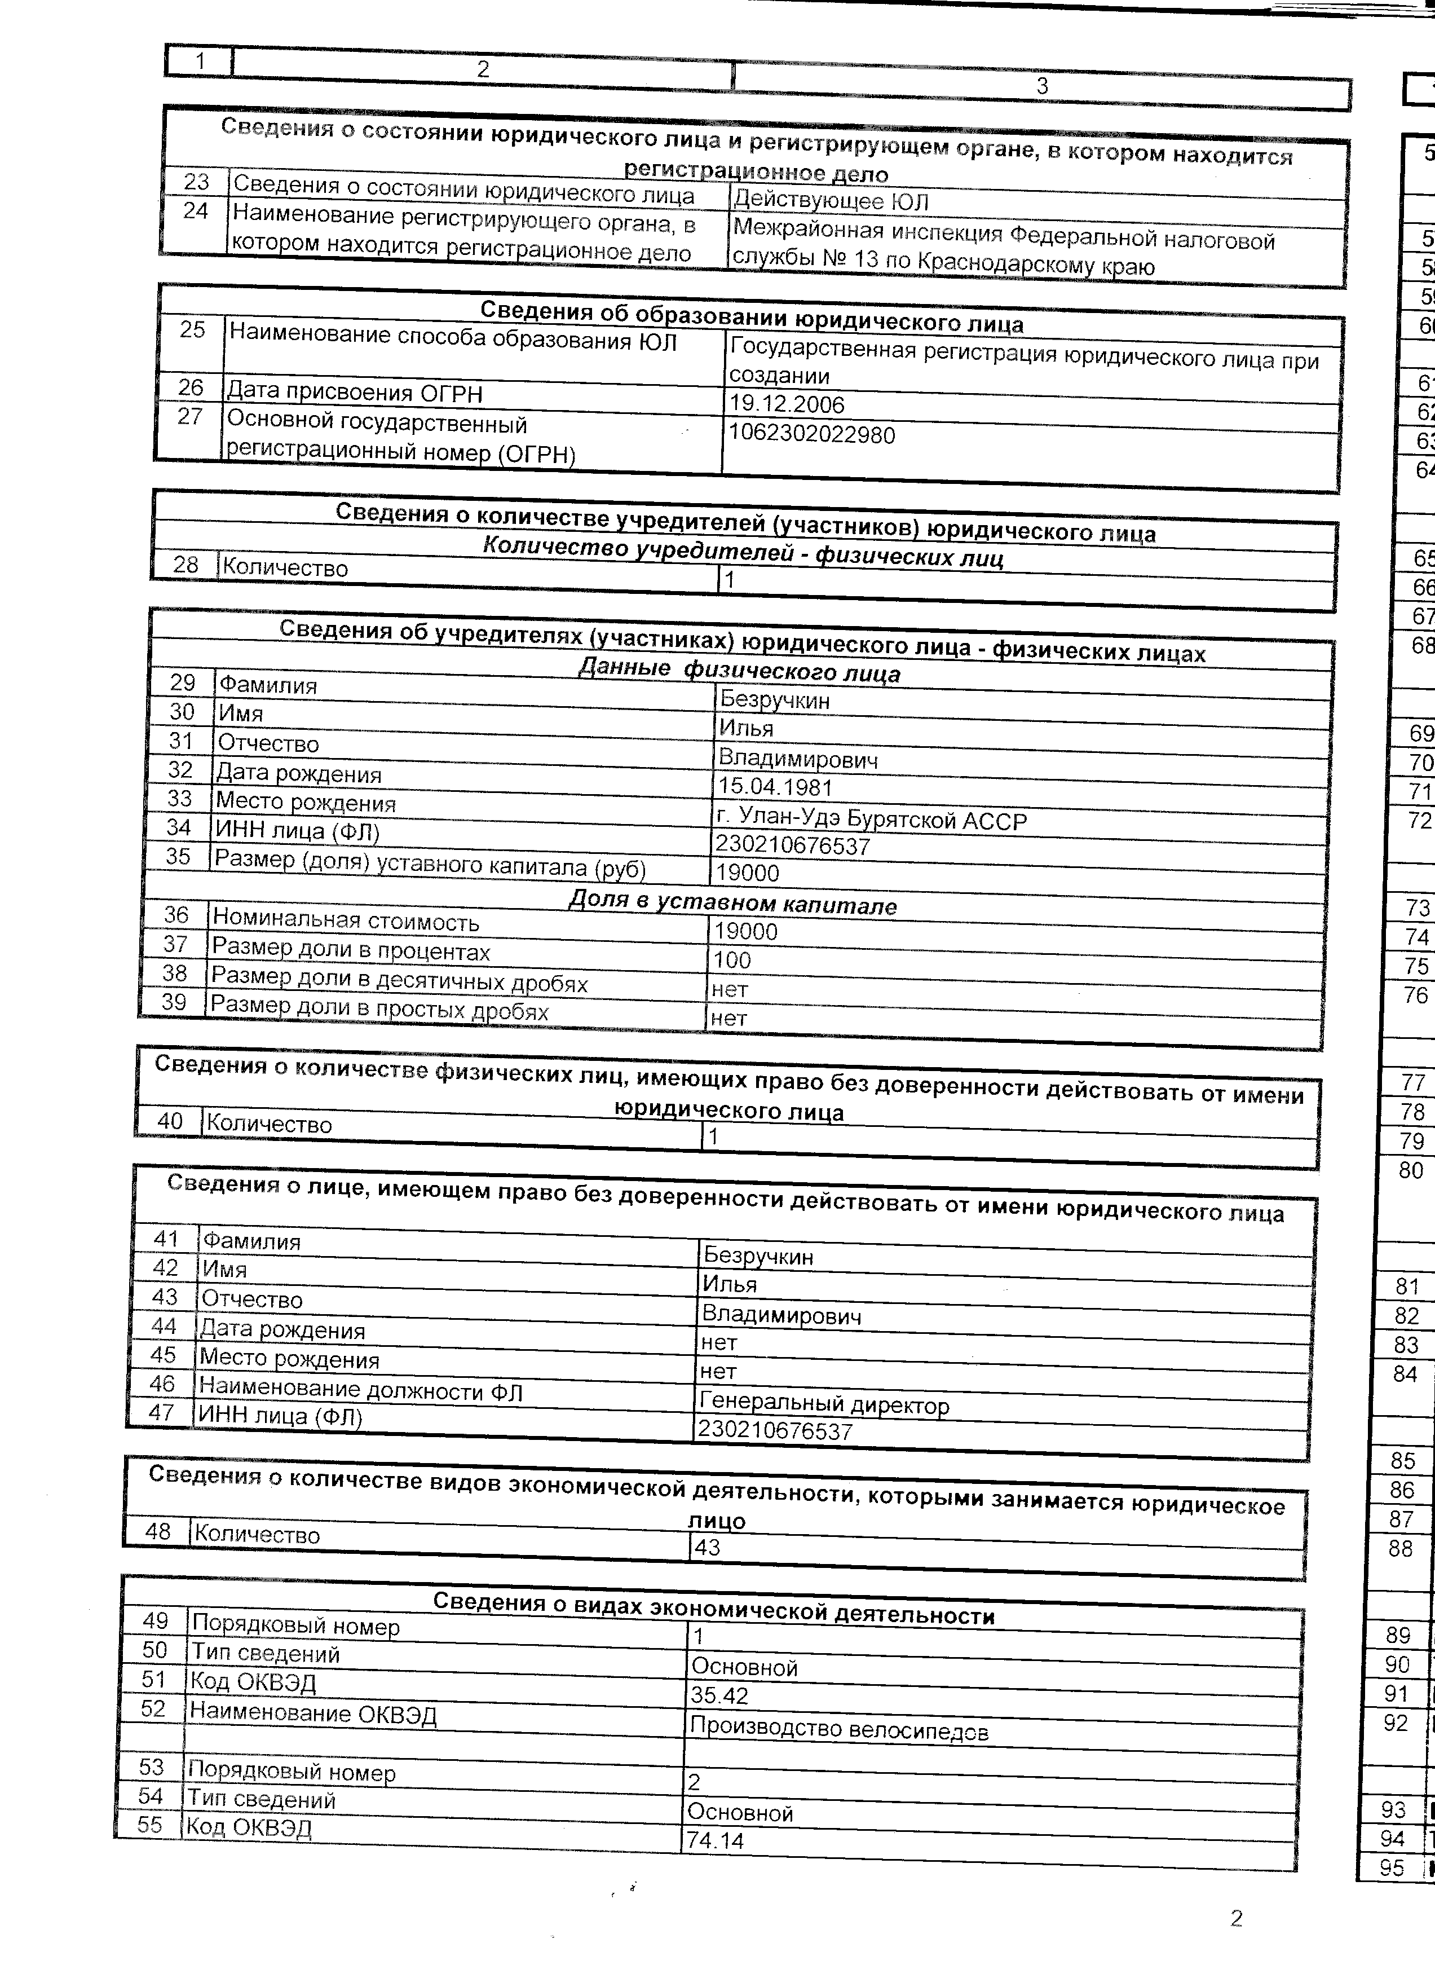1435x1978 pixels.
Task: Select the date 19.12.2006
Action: (x=787, y=404)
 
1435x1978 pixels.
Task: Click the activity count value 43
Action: (x=707, y=1548)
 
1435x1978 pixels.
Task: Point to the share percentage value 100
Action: (x=732, y=960)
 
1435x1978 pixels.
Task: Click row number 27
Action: (x=190, y=417)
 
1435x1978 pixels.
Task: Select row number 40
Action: (x=169, y=1121)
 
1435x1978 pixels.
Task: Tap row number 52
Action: (x=153, y=1708)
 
